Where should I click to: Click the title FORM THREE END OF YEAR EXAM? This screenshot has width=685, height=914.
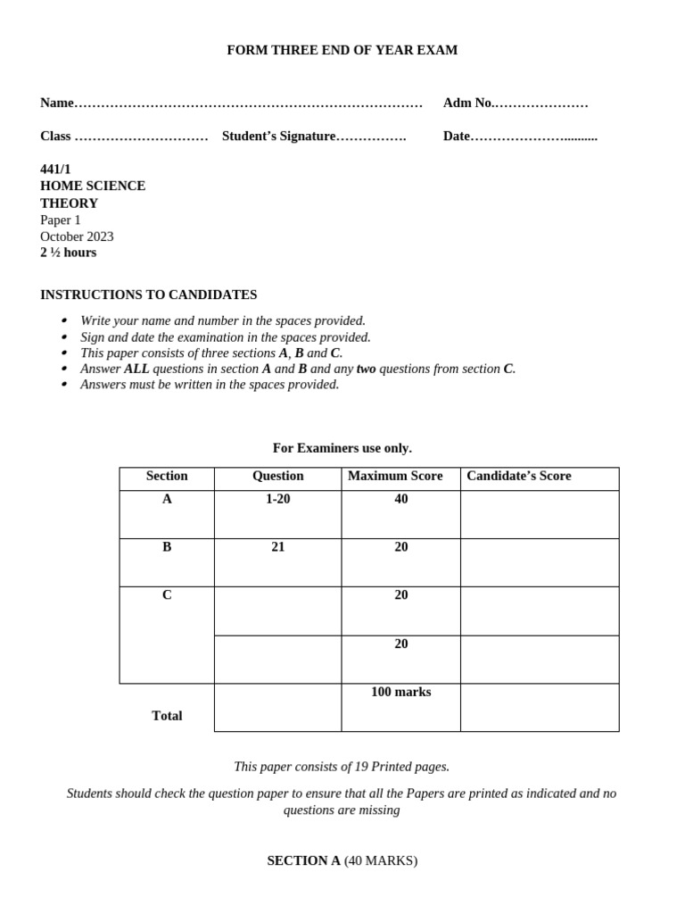[342, 50]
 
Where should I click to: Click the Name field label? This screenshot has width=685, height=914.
[57, 103]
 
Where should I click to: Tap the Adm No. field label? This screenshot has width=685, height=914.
[467, 103]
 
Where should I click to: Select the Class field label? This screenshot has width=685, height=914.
[55, 137]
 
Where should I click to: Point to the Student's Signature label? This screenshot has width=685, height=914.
[278, 137]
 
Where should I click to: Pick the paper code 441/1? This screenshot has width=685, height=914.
[55, 169]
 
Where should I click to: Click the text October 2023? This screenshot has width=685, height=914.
[77, 237]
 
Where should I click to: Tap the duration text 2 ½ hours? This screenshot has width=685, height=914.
[68, 253]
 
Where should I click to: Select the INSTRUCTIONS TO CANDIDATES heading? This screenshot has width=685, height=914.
[148, 295]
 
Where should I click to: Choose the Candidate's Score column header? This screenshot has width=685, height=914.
[518, 476]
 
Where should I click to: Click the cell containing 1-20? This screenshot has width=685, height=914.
[277, 499]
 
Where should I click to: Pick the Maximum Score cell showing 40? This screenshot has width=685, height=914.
[400, 499]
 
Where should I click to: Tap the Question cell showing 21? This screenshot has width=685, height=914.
[277, 547]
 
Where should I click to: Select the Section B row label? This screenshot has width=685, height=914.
[167, 547]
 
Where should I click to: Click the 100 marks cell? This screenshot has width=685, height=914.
[400, 692]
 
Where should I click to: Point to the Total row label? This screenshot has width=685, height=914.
[167, 716]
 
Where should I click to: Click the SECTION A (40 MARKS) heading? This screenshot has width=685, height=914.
[342, 860]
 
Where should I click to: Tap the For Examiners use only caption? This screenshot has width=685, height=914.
[342, 448]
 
